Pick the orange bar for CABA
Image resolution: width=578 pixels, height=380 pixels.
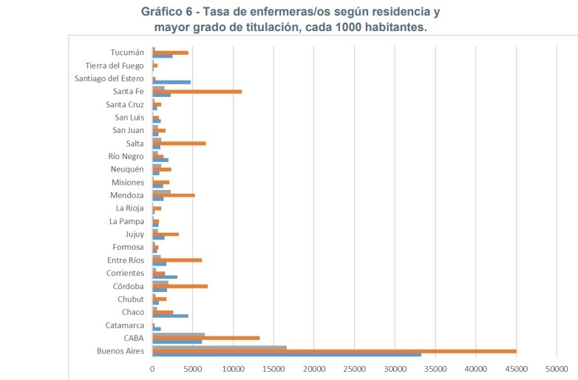tap(206, 338)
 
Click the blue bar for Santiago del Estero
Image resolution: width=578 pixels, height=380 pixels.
tap(171, 82)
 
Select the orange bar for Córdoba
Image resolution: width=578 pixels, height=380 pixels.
tap(180, 286)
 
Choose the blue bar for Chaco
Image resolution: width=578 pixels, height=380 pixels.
tap(171, 316)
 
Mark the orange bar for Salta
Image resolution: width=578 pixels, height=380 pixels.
tap(179, 143)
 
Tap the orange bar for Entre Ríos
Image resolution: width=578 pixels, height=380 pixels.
tap(177, 260)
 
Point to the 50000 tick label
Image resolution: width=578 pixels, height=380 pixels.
tap(557, 367)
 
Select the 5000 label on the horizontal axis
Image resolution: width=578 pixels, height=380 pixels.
tap(193, 367)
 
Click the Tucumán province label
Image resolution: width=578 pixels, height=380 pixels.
tap(127, 52)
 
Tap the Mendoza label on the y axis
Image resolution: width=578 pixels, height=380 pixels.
tap(127, 195)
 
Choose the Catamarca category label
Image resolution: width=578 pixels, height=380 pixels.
tap(125, 325)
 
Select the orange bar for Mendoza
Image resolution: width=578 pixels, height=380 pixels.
tap(174, 195)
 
